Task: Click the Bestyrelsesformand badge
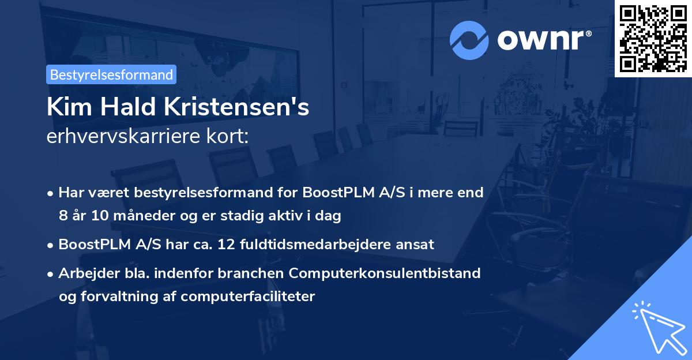[x=111, y=74]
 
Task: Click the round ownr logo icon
[x=469, y=40]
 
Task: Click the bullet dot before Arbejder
[x=51, y=273]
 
